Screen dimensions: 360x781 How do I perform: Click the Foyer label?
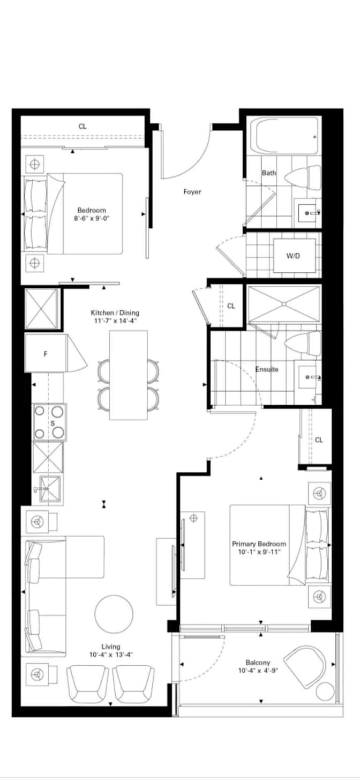tap(192, 192)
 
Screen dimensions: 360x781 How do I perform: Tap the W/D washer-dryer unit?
tap(293, 256)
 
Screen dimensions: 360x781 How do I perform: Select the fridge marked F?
tap(46, 353)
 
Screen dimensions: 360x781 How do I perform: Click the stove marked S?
tap(49, 422)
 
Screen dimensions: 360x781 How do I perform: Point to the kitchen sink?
tap(50, 489)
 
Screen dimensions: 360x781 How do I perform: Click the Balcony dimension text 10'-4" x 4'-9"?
tap(258, 671)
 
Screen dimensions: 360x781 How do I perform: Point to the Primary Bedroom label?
tap(259, 544)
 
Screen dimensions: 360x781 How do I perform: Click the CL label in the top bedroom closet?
tap(82, 126)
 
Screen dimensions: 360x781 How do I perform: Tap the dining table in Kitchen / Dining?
tap(128, 375)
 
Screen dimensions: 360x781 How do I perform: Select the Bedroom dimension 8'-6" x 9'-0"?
tap(92, 218)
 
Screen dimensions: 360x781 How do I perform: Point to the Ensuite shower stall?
tap(284, 304)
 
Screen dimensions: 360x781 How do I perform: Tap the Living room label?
tap(111, 646)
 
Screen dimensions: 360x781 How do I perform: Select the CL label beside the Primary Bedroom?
tap(319, 440)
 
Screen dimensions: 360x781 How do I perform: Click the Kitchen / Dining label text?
tap(115, 313)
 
